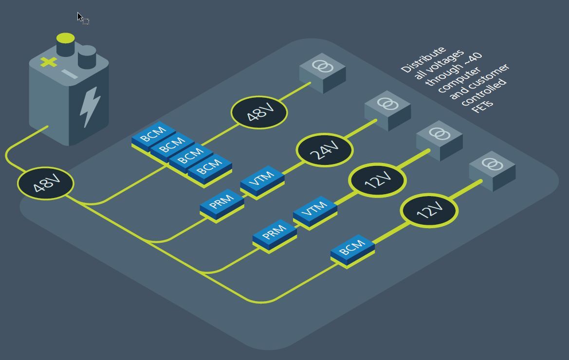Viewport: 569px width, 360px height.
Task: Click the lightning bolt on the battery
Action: coord(90,107)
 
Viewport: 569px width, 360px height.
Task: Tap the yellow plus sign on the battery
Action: coord(48,62)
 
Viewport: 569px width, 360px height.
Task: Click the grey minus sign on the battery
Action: coord(70,74)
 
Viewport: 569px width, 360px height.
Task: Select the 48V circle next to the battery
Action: coord(45,183)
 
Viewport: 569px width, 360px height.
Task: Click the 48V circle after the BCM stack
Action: coord(259,112)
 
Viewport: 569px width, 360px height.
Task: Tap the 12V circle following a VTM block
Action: coord(377,180)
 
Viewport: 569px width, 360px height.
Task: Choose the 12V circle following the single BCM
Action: coord(429,210)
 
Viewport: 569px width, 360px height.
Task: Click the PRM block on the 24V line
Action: coord(222,202)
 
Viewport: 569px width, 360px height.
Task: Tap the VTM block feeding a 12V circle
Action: coord(315,210)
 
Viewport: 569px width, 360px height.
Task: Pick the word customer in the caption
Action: coord(492,76)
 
